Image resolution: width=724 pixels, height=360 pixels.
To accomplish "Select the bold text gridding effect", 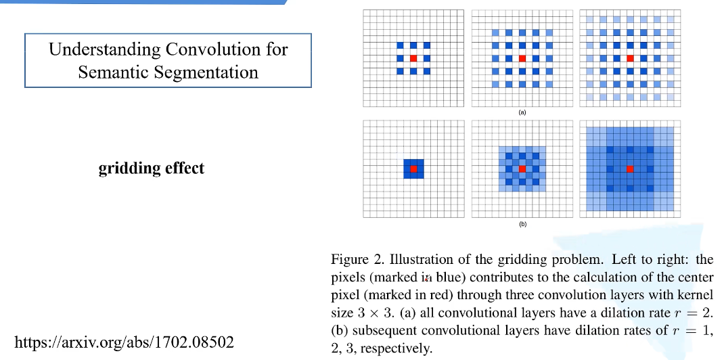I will coord(152,168).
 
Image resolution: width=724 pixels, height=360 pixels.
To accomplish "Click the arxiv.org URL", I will coord(125,342).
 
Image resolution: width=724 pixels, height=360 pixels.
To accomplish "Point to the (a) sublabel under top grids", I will coord(522,112).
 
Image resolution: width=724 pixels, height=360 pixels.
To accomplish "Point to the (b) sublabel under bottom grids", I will coord(522,223).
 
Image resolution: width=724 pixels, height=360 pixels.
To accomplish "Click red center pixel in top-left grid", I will coord(413,58).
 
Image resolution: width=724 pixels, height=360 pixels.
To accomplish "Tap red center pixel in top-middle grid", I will coord(522,58).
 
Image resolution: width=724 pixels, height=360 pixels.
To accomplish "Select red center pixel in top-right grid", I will coord(630,58).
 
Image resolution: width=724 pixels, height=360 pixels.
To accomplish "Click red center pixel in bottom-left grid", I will coord(413,168).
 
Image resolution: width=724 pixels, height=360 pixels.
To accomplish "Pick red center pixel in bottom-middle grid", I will coord(522,168).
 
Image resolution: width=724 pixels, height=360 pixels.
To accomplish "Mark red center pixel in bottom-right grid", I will coord(630,168).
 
